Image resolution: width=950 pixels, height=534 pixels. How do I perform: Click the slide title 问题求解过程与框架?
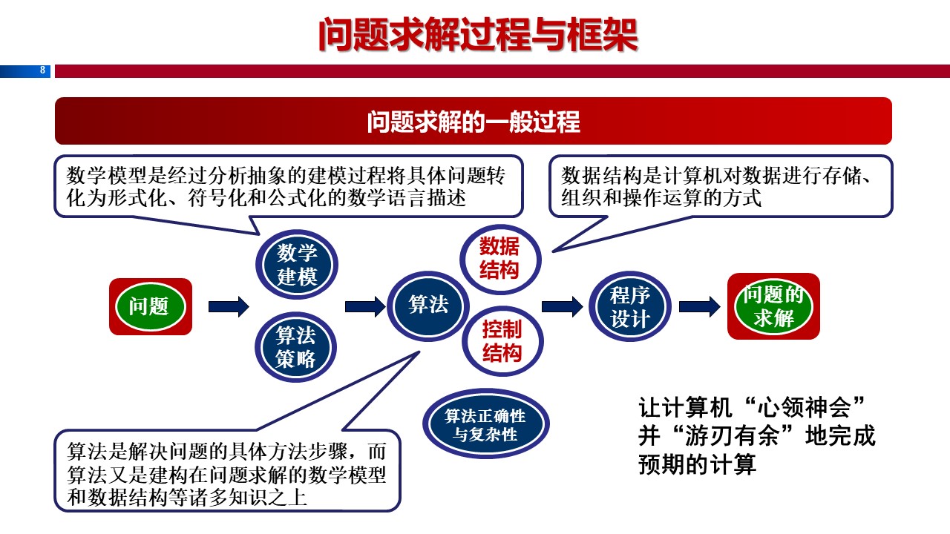click(478, 35)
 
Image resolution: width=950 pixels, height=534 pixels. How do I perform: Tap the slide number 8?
click(42, 70)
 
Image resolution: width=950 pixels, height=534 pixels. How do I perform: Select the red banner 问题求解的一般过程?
click(474, 121)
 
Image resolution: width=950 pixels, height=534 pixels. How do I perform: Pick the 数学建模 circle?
click(297, 265)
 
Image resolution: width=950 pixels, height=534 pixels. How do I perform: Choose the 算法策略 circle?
click(297, 346)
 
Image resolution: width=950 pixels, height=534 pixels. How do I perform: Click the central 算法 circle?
click(428, 305)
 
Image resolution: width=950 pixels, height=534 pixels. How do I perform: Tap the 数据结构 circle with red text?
click(500, 258)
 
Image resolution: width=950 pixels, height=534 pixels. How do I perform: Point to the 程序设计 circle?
click(629, 306)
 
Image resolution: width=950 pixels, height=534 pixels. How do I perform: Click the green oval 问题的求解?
click(773, 306)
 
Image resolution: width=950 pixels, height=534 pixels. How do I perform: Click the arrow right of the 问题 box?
click(229, 306)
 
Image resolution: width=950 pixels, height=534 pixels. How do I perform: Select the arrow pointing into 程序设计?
click(562, 306)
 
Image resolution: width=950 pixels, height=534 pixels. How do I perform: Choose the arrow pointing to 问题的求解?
click(699, 306)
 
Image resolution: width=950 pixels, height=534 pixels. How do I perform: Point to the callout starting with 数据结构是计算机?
click(720, 186)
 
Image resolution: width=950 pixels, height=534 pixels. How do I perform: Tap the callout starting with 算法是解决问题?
click(227, 474)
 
